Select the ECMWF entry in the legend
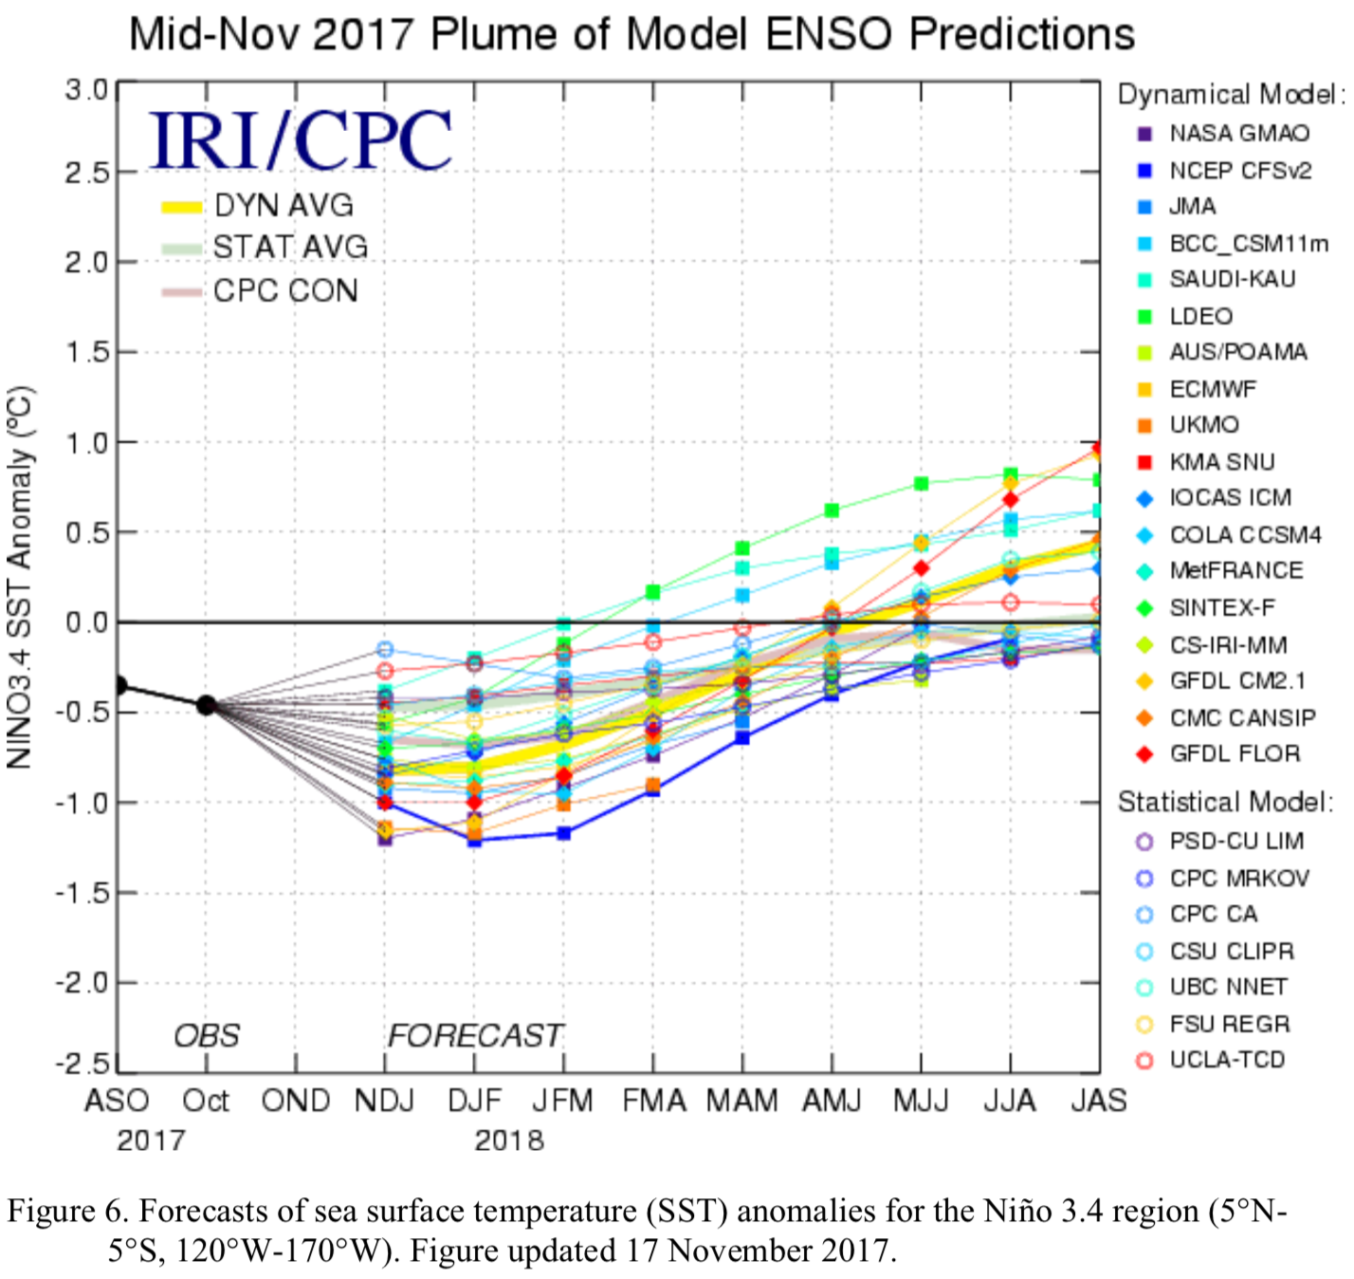click(x=1212, y=389)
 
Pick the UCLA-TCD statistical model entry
click(x=1227, y=1060)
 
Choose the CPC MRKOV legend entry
click(x=1238, y=879)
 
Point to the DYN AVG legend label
click(x=284, y=205)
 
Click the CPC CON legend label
click(x=285, y=291)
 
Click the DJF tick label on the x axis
click(x=474, y=1101)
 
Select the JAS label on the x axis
click(x=1099, y=1101)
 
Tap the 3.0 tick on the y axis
click(x=86, y=90)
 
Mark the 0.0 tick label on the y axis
click(x=86, y=622)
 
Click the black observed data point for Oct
click(x=206, y=705)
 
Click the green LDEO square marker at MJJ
click(x=921, y=484)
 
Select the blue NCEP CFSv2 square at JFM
click(x=563, y=833)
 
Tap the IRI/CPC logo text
click(x=301, y=140)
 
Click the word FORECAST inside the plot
click(x=475, y=1035)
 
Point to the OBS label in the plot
click(x=207, y=1035)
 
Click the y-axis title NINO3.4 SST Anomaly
click(x=20, y=577)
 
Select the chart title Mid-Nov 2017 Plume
click(x=631, y=35)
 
